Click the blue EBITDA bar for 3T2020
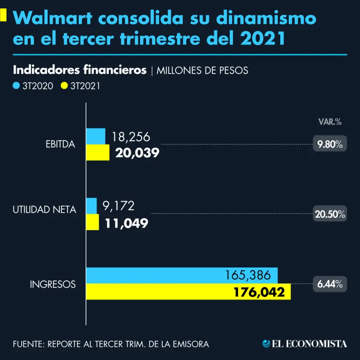(x=96, y=136)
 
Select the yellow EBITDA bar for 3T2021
(x=97, y=152)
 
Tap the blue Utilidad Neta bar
(x=91, y=206)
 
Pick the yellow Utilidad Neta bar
(x=92, y=222)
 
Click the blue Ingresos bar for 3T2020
(x=182, y=275)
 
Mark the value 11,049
(x=127, y=223)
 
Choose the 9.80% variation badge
(x=330, y=144)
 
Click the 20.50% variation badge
(x=330, y=214)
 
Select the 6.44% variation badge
(x=330, y=284)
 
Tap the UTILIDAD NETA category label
(x=44, y=210)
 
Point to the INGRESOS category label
(x=52, y=285)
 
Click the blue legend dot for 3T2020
(x=16, y=86)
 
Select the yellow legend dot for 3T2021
(x=64, y=86)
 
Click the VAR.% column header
(x=330, y=122)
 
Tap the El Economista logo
(x=305, y=344)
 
